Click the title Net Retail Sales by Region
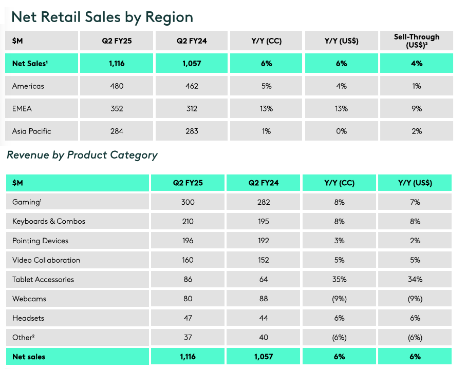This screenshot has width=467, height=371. click(x=102, y=17)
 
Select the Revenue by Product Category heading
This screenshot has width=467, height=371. click(x=82, y=155)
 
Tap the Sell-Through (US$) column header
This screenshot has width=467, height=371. click(x=416, y=41)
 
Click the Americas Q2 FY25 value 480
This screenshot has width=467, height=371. click(x=117, y=86)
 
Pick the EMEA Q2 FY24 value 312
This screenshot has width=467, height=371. click(x=192, y=109)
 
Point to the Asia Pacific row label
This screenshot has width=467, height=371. click(x=32, y=131)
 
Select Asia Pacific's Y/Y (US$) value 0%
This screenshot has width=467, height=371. click(x=341, y=131)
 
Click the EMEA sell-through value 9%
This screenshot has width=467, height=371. click(x=416, y=109)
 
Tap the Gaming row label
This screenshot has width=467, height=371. click(x=26, y=202)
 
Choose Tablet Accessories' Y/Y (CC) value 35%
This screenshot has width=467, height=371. click(x=339, y=280)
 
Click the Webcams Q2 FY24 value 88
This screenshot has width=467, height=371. click(x=264, y=299)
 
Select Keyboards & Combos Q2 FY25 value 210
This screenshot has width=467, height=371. click(x=188, y=222)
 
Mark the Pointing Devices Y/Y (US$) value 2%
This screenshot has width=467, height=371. click(x=415, y=241)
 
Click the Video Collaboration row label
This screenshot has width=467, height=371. click(x=46, y=260)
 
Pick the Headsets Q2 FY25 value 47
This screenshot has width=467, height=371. click(x=188, y=318)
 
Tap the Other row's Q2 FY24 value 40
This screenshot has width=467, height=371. click(x=264, y=338)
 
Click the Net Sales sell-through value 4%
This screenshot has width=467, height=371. click(x=416, y=64)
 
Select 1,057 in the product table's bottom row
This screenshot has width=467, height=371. click(x=264, y=357)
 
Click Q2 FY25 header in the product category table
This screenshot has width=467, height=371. click(x=188, y=183)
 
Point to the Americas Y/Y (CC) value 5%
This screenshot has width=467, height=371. click(x=266, y=86)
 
